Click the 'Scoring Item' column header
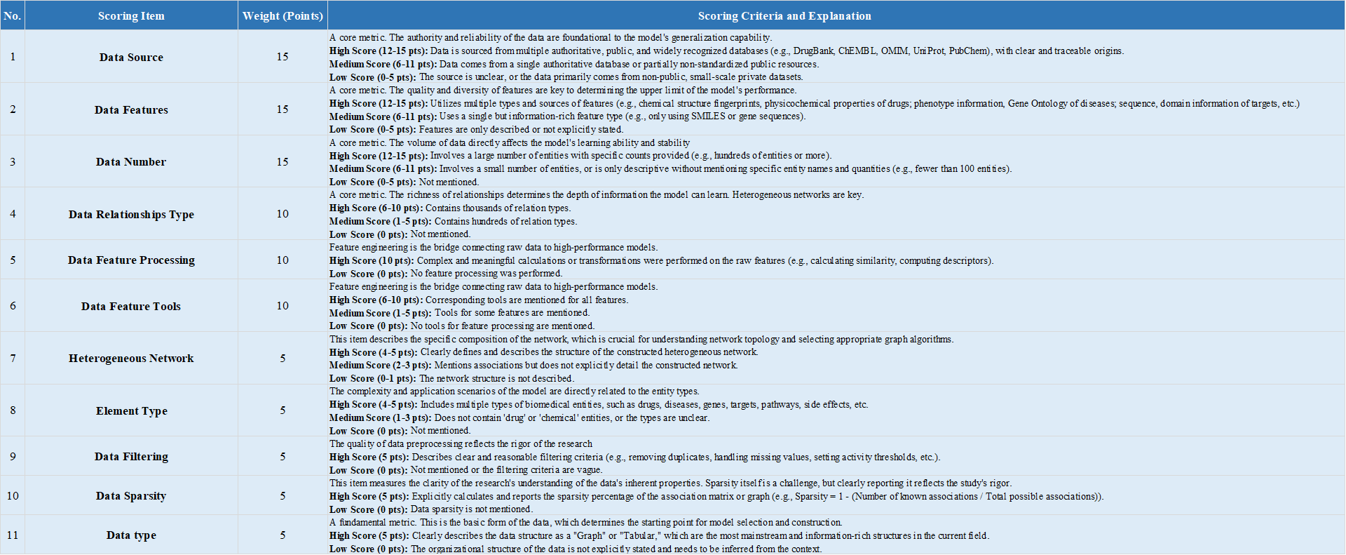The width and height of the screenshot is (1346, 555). click(131, 15)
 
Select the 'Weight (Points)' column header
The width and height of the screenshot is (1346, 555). click(283, 15)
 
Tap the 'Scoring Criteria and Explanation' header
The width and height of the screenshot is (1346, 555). click(784, 15)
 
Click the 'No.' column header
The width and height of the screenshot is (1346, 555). click(13, 15)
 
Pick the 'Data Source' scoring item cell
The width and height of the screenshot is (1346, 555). click(131, 57)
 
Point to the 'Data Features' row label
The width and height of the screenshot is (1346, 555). click(131, 109)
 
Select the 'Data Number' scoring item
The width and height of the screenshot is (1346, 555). click(131, 161)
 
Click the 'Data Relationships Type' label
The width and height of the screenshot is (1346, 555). click(131, 214)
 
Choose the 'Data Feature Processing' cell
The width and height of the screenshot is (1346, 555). click(131, 260)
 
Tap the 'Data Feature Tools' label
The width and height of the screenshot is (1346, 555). click(131, 306)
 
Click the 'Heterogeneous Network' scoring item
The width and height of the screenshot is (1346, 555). click(131, 358)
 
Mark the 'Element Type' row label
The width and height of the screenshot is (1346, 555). click(131, 410)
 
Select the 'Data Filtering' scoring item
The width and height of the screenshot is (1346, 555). click(131, 456)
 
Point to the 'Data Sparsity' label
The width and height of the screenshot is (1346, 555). click(131, 495)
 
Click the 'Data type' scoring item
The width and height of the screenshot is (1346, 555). click(131, 535)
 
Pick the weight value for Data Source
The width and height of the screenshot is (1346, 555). click(283, 57)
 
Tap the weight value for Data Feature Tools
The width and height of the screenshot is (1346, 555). click(283, 306)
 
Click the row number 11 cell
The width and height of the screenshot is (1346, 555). click(13, 535)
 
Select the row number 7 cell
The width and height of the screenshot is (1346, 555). click(13, 358)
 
